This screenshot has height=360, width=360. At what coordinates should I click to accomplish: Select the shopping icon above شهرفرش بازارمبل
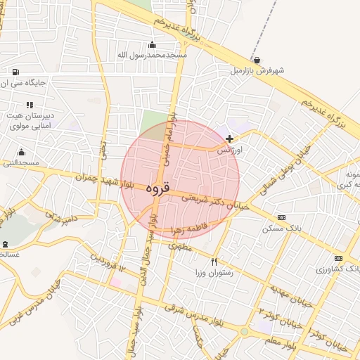(x=257, y=60)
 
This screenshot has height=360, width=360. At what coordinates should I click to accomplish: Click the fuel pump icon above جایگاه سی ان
(x=15, y=72)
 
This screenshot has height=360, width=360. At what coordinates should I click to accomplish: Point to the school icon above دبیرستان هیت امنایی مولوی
(x=30, y=104)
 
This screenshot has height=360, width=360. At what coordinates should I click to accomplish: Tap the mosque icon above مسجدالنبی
(x=21, y=152)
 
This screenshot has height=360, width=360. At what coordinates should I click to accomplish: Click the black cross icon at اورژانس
(x=229, y=139)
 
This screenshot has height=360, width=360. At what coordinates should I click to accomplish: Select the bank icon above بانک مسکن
(x=282, y=218)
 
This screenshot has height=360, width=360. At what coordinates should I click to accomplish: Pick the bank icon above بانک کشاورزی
(x=338, y=258)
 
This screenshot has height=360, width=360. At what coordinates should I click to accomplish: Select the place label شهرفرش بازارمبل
(x=257, y=71)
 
